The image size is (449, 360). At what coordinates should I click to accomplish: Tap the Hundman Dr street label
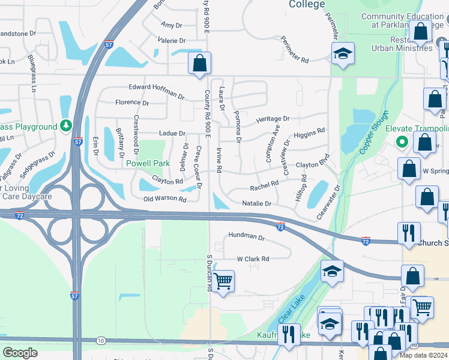(x=246, y=238)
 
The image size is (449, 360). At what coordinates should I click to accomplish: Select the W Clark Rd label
(x=253, y=259)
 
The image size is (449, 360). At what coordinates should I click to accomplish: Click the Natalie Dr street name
(x=257, y=204)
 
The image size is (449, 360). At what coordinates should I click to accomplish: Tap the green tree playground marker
(x=66, y=126)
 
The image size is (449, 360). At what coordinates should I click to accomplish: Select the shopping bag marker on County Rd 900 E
(x=199, y=62)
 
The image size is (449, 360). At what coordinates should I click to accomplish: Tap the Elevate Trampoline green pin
(x=402, y=142)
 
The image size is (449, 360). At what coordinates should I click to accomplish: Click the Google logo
(x=20, y=352)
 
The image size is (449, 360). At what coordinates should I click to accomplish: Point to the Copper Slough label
(x=375, y=132)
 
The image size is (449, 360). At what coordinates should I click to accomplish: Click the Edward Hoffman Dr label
(x=156, y=91)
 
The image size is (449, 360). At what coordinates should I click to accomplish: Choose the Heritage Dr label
(x=273, y=119)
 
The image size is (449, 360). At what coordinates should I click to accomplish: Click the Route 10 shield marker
(x=101, y=341)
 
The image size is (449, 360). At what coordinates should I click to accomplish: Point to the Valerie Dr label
(x=171, y=40)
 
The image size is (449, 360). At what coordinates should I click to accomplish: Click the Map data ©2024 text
(x=424, y=355)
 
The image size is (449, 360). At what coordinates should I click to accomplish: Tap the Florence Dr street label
(x=131, y=103)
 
